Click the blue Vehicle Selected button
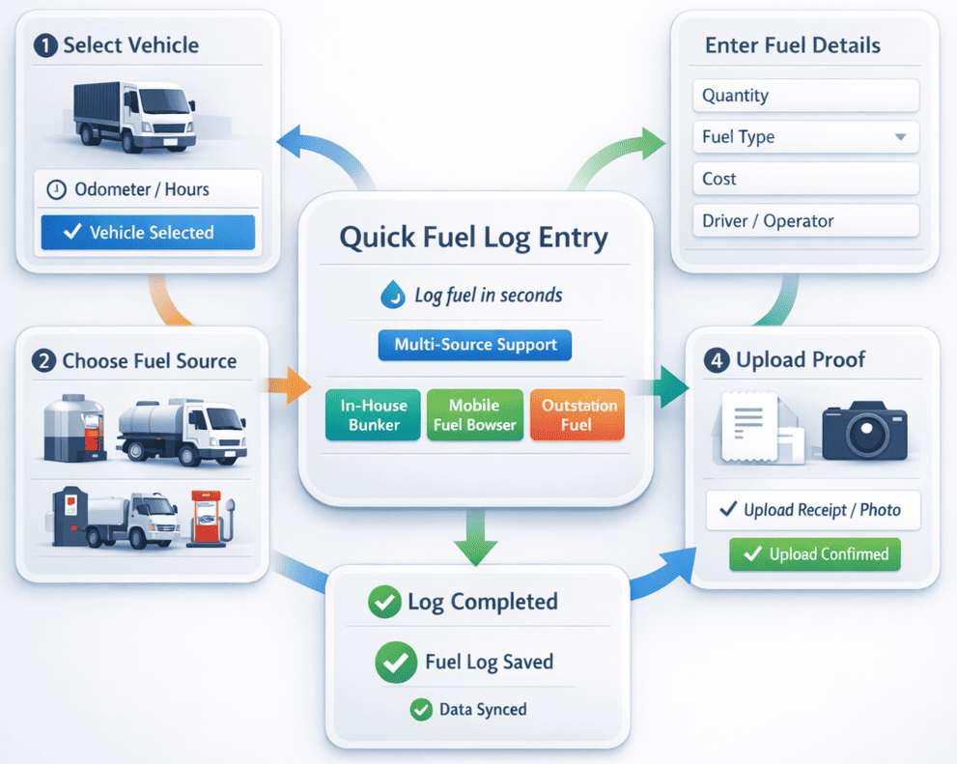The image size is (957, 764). (148, 233)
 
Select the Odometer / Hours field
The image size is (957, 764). (148, 189)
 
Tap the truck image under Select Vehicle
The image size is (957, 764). (134, 117)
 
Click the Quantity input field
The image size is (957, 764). (805, 96)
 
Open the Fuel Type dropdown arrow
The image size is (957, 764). (900, 137)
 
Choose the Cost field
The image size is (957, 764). (805, 179)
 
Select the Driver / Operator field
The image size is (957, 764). (805, 221)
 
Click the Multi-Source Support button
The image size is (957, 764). (474, 345)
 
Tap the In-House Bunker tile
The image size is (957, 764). (373, 415)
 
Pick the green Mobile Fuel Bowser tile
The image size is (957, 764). (474, 415)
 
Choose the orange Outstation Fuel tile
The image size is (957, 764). (577, 415)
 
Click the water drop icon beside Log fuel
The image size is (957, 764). (393, 296)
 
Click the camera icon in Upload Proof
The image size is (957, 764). (864, 431)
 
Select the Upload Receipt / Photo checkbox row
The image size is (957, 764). (812, 510)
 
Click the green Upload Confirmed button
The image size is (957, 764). (814, 554)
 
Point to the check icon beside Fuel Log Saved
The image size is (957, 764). (395, 663)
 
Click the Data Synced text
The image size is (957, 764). (482, 710)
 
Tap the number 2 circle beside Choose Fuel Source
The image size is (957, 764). (43, 361)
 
